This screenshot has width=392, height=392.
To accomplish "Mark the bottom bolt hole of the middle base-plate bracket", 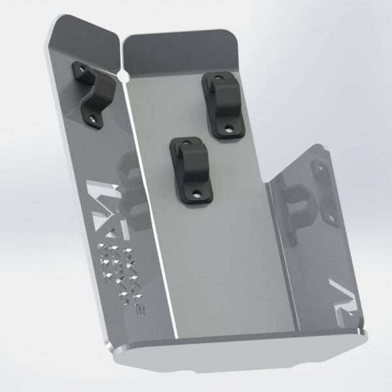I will pyautogui.click(x=196, y=194).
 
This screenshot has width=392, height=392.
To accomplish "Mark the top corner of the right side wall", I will pyautogui.click(x=323, y=146).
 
